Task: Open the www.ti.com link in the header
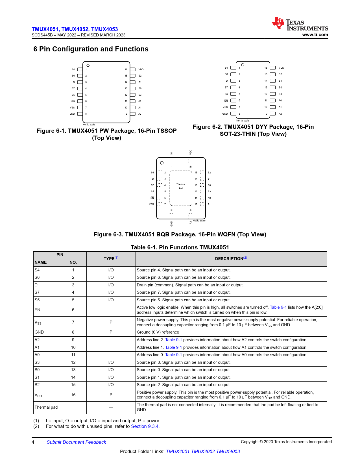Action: click(x=315, y=35)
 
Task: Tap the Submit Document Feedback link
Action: click(x=76, y=442)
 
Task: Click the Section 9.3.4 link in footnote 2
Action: click(x=145, y=426)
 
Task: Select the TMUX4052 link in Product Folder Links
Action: click(x=203, y=451)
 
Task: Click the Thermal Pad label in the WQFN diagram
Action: click(x=181, y=186)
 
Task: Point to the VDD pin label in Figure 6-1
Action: click(x=141, y=69)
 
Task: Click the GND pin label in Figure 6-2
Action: click(x=225, y=114)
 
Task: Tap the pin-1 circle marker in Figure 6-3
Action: click(x=162, y=163)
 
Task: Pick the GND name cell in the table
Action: click(x=39, y=332)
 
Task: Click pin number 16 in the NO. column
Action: click(x=73, y=395)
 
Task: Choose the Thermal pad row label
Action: click(x=46, y=407)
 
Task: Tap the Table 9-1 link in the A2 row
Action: click(x=173, y=340)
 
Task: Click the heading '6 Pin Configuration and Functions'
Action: click(x=91, y=49)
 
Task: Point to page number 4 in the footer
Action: click(x=33, y=442)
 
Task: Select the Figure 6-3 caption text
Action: click(x=180, y=234)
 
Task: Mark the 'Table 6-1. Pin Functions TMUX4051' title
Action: click(x=180, y=247)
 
